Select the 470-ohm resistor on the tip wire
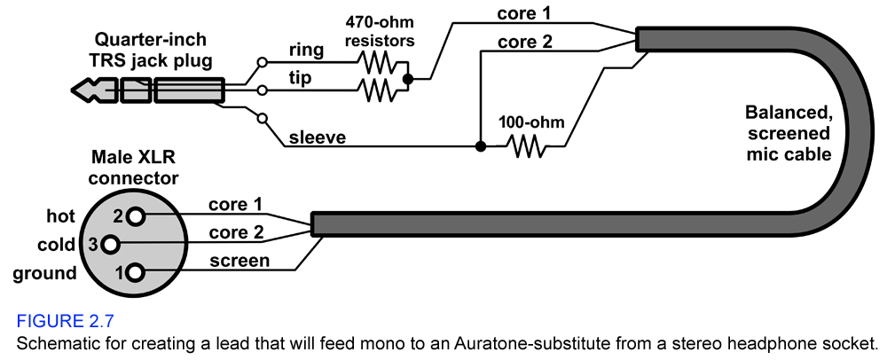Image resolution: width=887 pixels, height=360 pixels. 377,89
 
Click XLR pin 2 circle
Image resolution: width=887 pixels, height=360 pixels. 134,215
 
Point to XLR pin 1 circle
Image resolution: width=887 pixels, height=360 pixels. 134,272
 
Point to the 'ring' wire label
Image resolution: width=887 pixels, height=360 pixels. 306,51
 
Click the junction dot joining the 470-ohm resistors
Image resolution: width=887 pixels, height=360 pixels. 408,78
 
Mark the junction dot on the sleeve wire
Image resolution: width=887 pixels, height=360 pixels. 479,146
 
